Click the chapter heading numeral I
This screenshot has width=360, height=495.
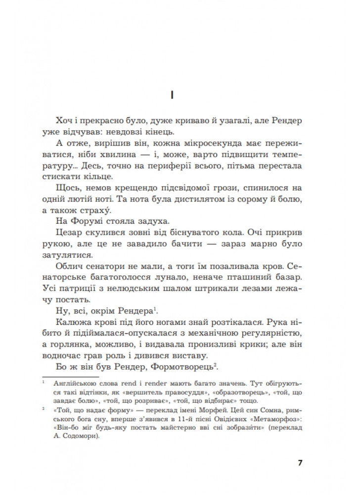(180, 94)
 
